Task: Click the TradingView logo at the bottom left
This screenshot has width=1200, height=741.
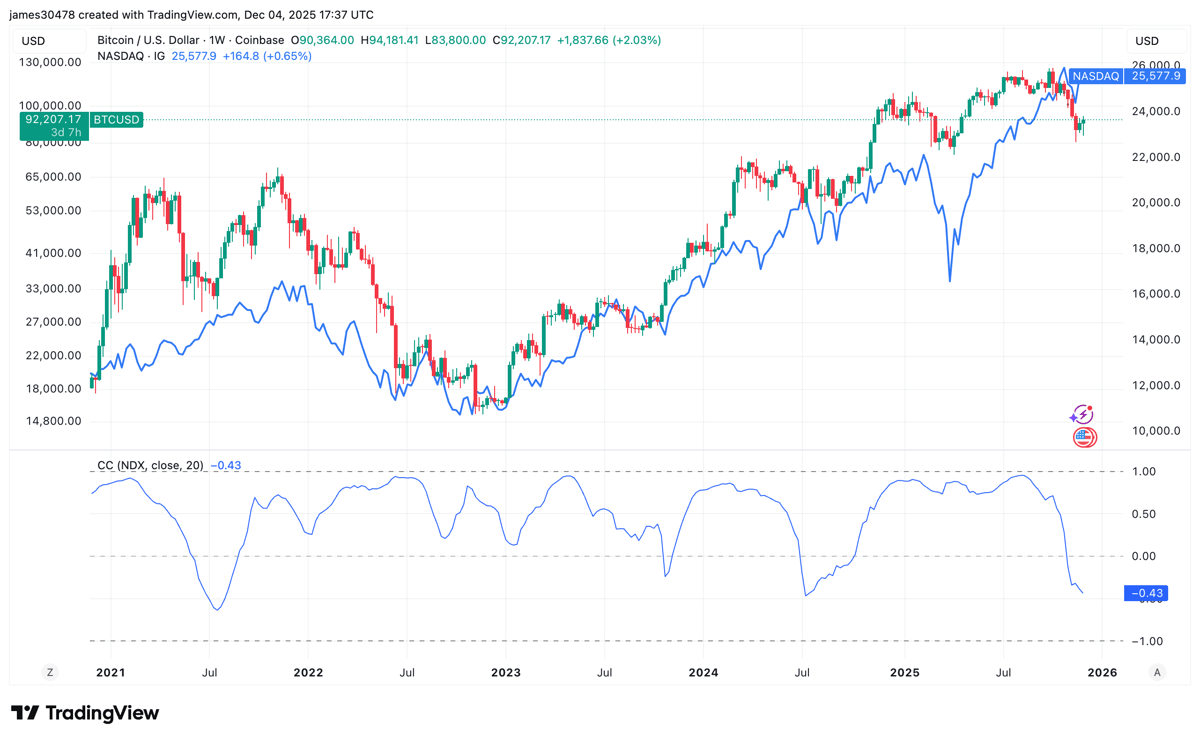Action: coord(85,713)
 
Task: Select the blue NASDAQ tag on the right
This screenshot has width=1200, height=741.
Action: coord(1095,76)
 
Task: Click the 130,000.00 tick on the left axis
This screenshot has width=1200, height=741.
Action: coord(51,62)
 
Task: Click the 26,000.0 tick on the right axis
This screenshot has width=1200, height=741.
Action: coord(1155,66)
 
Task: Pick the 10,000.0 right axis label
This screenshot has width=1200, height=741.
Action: coord(1155,431)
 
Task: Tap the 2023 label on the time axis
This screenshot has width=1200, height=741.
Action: coord(506,672)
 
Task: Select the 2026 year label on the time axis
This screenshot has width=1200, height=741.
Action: coord(1102,672)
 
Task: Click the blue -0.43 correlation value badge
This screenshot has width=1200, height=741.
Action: coord(1147,594)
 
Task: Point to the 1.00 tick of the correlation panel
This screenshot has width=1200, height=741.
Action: coord(1143,471)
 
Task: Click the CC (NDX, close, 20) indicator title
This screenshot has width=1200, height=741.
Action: coord(150,466)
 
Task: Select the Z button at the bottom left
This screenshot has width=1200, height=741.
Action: coord(50,672)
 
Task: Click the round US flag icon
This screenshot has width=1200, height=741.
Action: coord(1085,437)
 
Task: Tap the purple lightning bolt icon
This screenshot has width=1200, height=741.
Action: coord(1082,415)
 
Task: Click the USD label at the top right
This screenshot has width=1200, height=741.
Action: coord(1147,41)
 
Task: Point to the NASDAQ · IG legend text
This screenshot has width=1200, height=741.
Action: coord(131,56)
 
